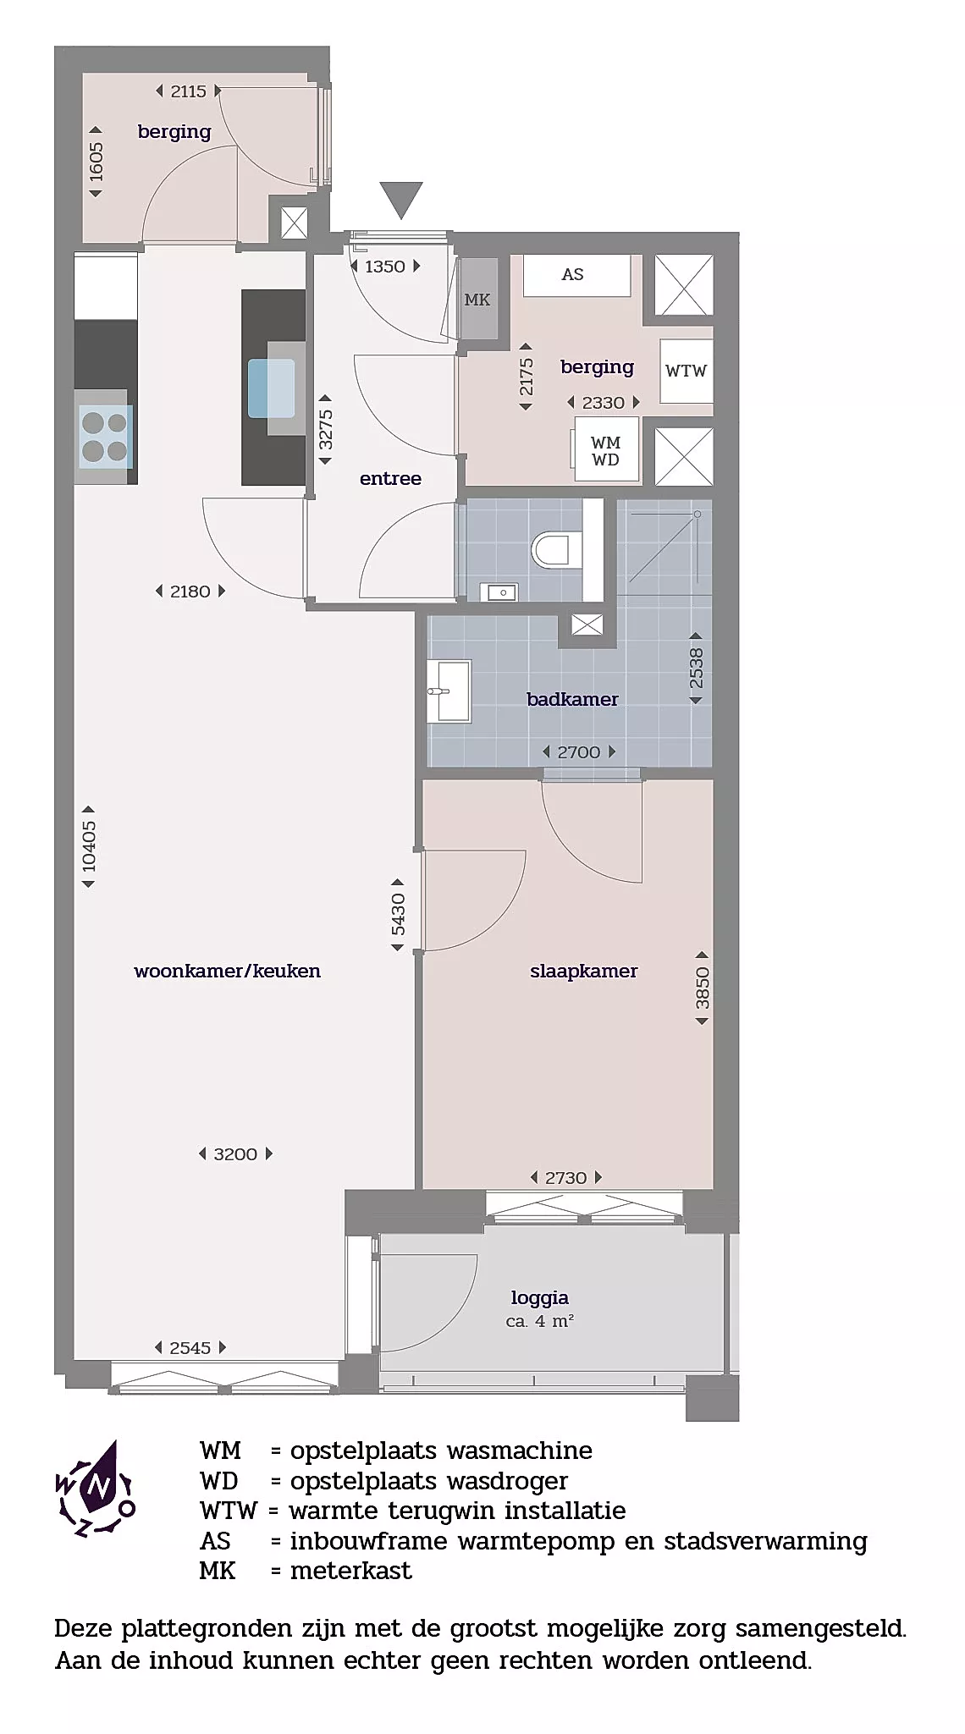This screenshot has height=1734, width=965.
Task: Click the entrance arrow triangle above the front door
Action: (x=400, y=200)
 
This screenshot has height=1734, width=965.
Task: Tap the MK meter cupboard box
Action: (x=477, y=300)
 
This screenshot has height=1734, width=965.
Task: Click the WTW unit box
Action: (x=686, y=371)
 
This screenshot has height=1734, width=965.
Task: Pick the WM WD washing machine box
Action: (x=606, y=450)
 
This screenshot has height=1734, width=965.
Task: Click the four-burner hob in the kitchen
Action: (x=105, y=436)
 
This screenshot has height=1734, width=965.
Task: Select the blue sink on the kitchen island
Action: (x=271, y=388)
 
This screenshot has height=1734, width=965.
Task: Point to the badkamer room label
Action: (x=572, y=699)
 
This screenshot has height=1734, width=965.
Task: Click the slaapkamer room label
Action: (x=584, y=971)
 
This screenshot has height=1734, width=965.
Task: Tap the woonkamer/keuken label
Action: (x=227, y=971)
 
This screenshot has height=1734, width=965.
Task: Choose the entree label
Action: (x=390, y=478)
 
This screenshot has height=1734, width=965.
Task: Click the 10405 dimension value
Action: (x=89, y=846)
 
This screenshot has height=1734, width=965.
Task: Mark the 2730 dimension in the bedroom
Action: (x=565, y=1177)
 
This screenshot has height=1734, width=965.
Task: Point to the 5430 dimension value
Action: (x=398, y=915)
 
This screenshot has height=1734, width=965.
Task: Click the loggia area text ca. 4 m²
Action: (x=540, y=1321)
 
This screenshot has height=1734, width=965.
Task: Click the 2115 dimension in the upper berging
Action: (x=188, y=91)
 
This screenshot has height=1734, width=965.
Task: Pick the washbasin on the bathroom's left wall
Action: (x=448, y=691)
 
